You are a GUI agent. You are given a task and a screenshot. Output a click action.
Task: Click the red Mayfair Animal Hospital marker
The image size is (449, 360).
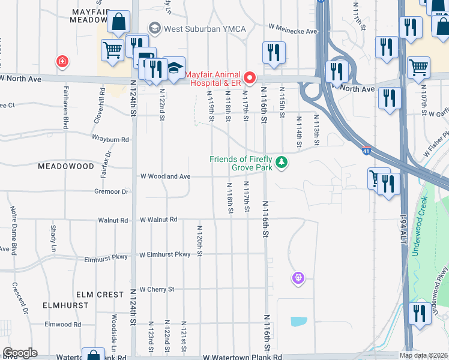click(250, 78)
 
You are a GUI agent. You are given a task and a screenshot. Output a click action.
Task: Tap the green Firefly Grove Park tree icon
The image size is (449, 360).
click(281, 163)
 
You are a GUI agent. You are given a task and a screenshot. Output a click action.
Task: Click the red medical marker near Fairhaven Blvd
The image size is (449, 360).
click(61, 61)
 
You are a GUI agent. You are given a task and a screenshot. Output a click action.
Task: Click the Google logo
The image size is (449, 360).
click(20, 352)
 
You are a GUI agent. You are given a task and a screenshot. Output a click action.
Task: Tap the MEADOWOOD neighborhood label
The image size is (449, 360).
click(66, 166)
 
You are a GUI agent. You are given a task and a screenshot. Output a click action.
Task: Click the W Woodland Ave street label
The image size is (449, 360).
click(165, 176)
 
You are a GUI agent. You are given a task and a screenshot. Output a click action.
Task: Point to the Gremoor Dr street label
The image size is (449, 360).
click(111, 192)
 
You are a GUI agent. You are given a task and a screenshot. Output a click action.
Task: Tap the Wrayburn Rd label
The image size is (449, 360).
click(110, 139)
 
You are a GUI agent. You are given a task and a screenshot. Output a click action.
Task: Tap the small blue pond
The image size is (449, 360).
click(298, 321)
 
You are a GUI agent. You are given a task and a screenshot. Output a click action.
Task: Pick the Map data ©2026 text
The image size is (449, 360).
click(424, 355)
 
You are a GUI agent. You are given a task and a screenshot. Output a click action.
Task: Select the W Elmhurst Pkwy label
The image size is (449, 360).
click(165, 254)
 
